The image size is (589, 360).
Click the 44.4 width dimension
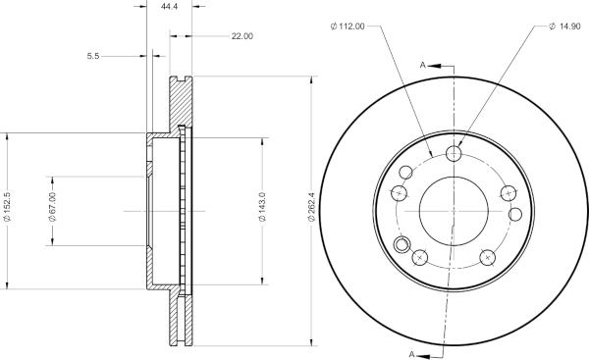pyautogui.click(x=169, y=7)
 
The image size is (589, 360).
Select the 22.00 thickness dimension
pyautogui.click(x=241, y=36)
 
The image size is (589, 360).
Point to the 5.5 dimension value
pyautogui.click(x=93, y=56)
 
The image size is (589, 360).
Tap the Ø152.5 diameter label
pyautogui.click(x=7, y=206)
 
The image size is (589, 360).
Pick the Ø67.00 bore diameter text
pyautogui.click(x=53, y=206)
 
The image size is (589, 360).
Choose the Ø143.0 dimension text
pyautogui.click(x=262, y=206)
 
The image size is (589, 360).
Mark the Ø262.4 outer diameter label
pyautogui.click(x=311, y=206)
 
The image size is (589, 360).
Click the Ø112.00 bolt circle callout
pyautogui.click(x=348, y=26)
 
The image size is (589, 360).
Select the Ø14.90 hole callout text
pyautogui.click(x=564, y=26)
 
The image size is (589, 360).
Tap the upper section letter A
pyautogui.click(x=422, y=66)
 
